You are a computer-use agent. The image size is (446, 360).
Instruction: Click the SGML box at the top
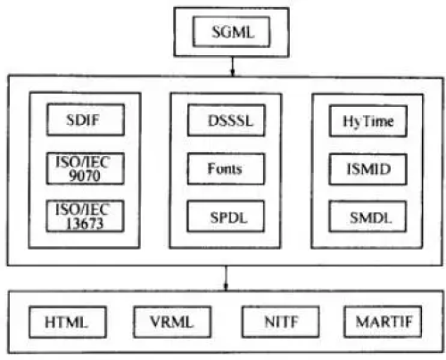tap(231, 32)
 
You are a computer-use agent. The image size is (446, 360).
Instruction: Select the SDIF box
tap(86, 119)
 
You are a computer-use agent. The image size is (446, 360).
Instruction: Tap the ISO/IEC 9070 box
tap(86, 168)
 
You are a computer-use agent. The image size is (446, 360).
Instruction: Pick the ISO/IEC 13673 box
tap(85, 216)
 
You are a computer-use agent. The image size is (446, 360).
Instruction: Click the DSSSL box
tap(226, 120)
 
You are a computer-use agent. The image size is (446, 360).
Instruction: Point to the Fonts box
tap(226, 168)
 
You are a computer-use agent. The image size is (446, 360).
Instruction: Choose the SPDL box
tap(226, 217)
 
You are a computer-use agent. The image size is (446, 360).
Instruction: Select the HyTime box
tap(368, 121)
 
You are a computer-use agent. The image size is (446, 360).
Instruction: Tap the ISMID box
tap(368, 169)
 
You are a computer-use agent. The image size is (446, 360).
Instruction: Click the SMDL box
tap(368, 217)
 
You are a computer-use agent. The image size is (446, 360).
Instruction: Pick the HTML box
tap(68, 322)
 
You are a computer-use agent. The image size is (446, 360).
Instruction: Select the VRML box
tap(172, 322)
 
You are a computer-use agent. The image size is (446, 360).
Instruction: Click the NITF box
tap(281, 322)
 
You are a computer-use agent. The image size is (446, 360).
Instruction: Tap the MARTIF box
tap(383, 322)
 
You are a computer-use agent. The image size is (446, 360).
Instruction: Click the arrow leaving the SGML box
tap(233, 66)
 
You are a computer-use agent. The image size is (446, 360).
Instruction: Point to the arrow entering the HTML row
tap(226, 278)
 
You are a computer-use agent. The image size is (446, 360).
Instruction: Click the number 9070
tap(85, 176)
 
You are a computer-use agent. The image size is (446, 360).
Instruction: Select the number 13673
tap(85, 224)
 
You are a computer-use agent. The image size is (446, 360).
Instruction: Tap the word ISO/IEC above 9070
tap(83, 162)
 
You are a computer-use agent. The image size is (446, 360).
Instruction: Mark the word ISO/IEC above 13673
tap(82, 209)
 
